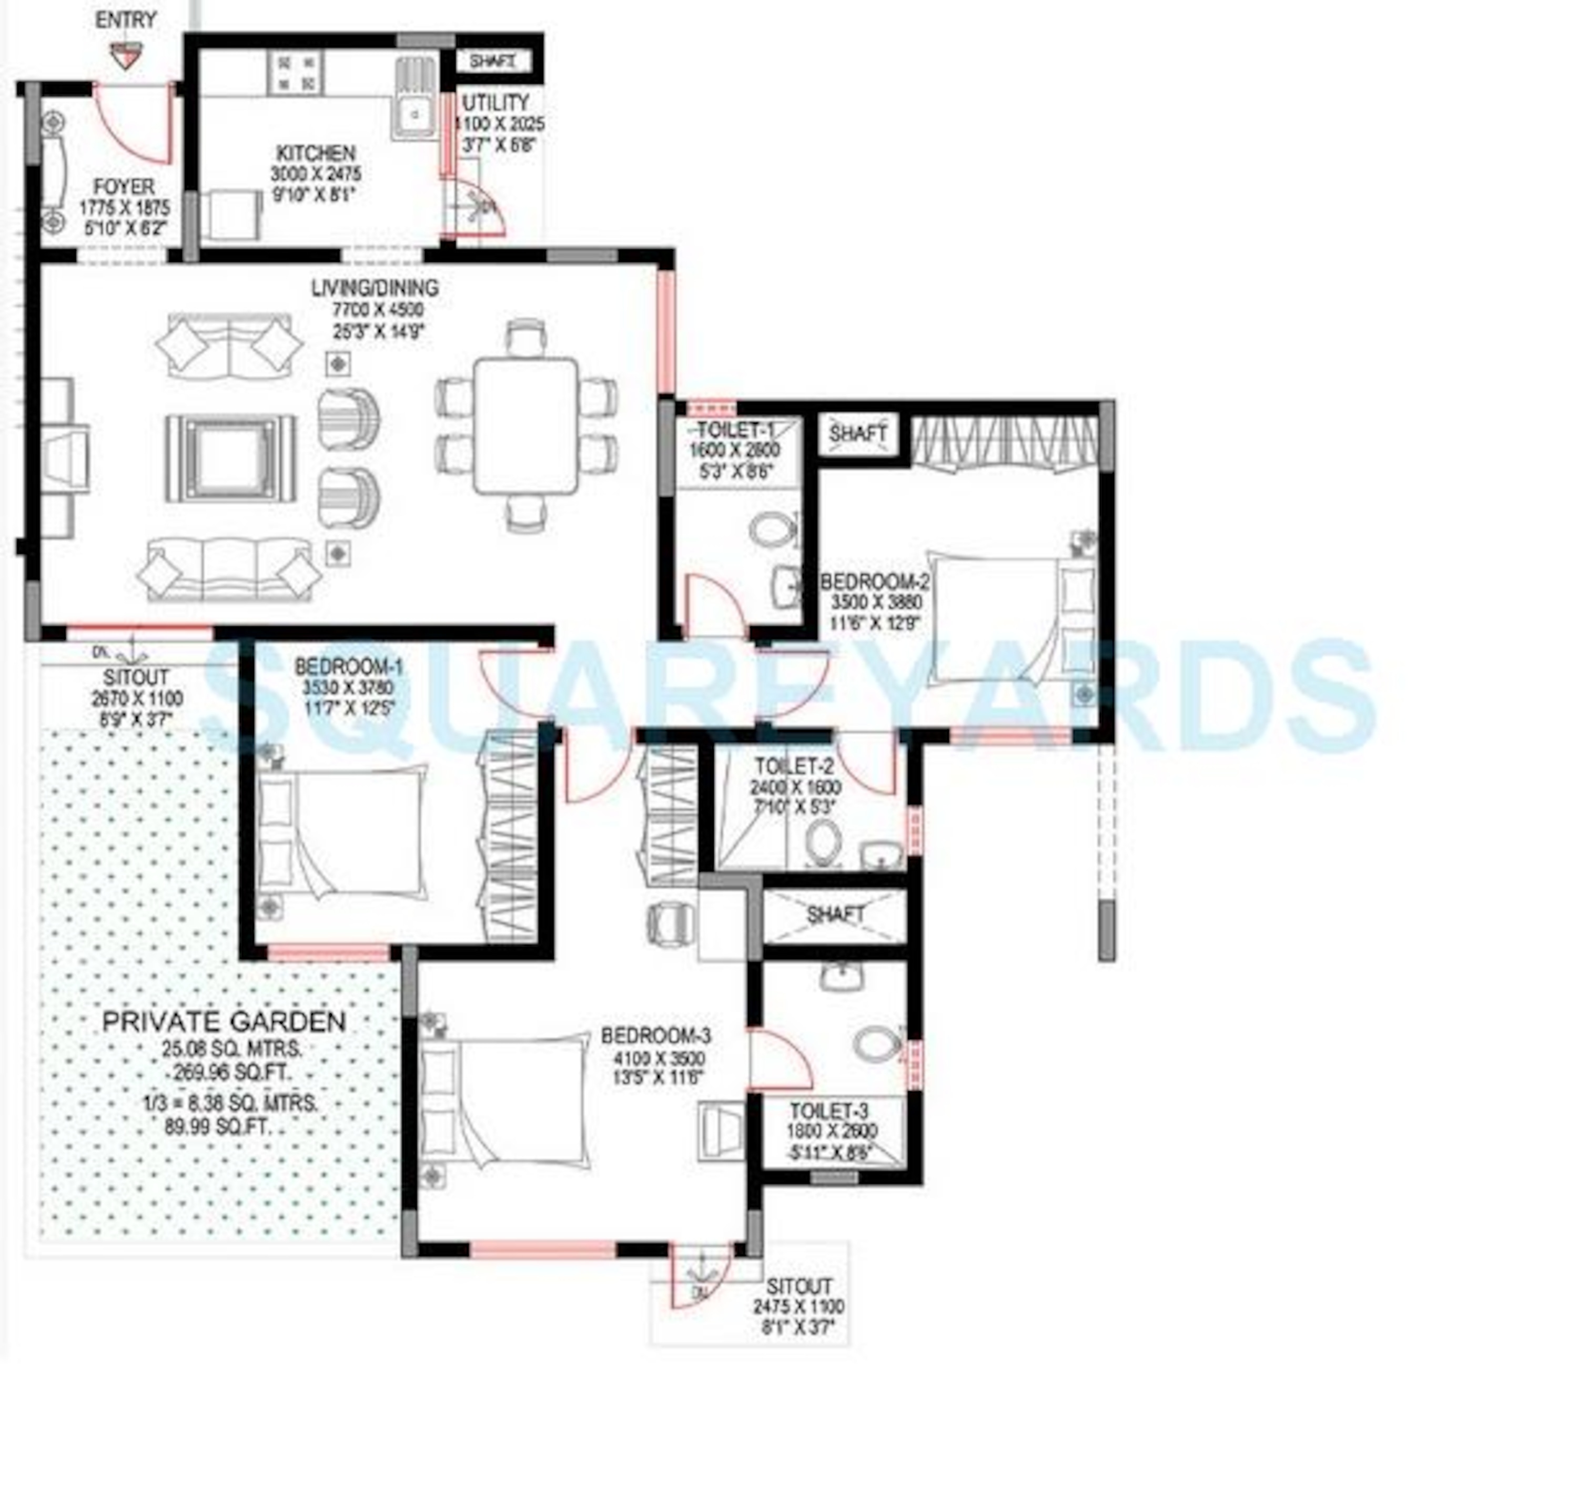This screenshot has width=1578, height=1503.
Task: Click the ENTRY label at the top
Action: tap(126, 19)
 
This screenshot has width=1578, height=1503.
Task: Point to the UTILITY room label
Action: tap(495, 103)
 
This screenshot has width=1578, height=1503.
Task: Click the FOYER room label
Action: tap(124, 187)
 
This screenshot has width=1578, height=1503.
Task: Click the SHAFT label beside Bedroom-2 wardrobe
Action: tap(857, 433)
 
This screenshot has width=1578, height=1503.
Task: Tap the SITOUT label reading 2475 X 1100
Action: tap(798, 1286)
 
